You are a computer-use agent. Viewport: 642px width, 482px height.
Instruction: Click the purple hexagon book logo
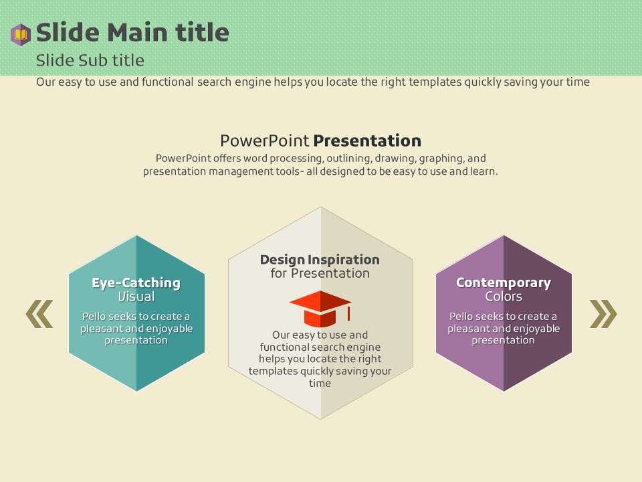21,34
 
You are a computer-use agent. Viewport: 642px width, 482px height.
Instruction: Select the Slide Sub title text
90,60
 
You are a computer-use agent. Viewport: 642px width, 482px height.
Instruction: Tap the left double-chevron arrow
39,314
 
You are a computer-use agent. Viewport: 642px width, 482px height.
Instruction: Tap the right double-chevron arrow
603,314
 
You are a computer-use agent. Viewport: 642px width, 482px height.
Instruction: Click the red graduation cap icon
320,309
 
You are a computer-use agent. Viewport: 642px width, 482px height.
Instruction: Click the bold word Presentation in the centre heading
367,141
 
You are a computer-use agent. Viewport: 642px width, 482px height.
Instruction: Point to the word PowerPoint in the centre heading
265,141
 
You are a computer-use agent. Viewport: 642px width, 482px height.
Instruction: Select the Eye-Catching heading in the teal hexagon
136,283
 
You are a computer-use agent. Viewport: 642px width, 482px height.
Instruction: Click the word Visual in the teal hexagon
136,297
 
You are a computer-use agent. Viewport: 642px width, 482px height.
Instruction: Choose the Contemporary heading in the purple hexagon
504,283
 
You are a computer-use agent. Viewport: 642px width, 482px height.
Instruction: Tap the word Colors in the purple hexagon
504,297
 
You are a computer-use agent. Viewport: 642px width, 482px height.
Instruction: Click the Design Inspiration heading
320,260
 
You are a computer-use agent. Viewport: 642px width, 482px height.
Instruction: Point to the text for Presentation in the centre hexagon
320,273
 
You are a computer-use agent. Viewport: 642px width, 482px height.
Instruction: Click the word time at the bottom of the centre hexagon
320,383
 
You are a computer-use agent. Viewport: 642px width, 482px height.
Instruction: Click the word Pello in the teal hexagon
94,317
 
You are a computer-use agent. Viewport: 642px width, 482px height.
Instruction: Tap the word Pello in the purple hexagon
461,317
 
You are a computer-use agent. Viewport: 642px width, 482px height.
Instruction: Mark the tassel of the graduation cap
348,313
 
